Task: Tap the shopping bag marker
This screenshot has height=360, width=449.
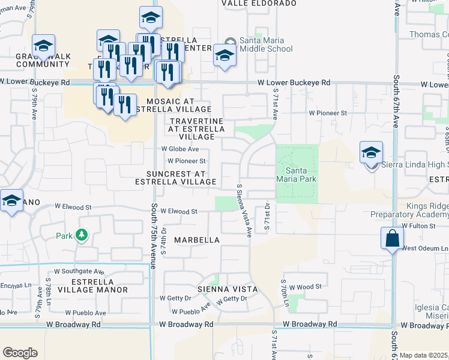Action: click(391, 238)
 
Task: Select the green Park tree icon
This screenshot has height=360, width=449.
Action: click(82, 235)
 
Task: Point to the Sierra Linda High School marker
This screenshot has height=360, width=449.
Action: click(371, 153)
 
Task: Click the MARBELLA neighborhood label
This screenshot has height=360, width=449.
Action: click(197, 240)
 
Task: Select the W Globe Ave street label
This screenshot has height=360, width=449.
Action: click(180, 149)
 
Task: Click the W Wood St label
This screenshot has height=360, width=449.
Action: click(307, 287)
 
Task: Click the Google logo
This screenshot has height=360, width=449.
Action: click(20, 353)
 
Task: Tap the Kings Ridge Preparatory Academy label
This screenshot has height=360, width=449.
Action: click(409, 210)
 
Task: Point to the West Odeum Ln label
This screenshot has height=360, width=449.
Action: click(424, 248)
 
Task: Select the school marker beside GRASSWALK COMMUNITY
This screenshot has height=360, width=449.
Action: click(44, 46)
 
